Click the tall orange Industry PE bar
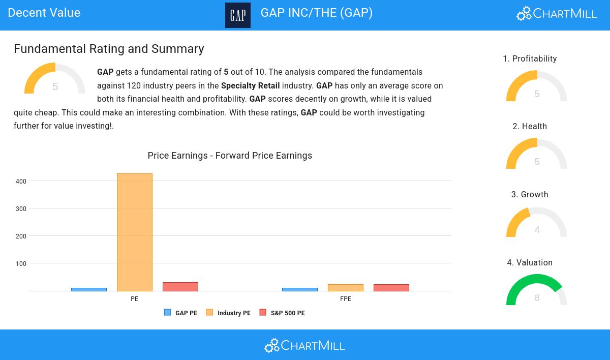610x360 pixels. (135, 232)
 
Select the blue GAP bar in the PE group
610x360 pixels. (89, 289)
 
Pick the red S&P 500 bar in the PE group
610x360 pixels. (180, 287)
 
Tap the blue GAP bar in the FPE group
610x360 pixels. (300, 289)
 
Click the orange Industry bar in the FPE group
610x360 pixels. (346, 288)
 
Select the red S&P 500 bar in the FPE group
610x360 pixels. (391, 288)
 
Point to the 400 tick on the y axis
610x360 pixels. (21, 182)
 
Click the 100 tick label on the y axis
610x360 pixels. (21, 264)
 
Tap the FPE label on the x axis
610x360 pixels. (346, 299)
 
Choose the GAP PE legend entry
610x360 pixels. (181, 313)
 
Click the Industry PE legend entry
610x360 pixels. (229, 313)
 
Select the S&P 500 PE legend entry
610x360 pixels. (283, 313)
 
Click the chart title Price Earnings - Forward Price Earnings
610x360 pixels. (230, 156)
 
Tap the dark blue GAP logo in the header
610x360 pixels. (238, 15)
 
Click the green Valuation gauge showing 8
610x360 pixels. (537, 291)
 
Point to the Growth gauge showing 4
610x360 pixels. (537, 224)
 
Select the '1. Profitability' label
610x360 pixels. (530, 59)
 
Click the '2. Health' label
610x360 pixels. (530, 127)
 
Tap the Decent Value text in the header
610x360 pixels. (44, 13)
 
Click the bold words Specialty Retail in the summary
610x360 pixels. (250, 86)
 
